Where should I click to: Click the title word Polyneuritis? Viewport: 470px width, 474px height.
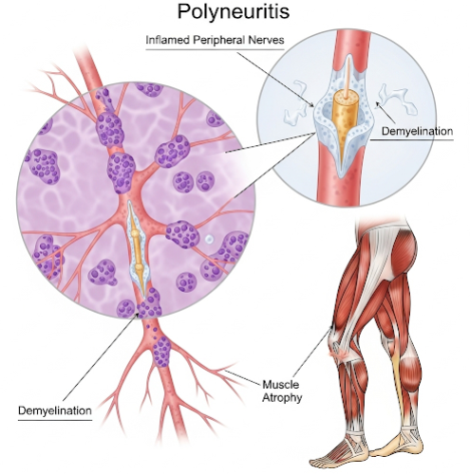pyautogui.click(x=234, y=12)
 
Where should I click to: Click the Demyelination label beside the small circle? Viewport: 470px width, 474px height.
pyautogui.click(x=417, y=132)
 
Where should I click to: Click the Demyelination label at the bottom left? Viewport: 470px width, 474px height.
pyautogui.click(x=55, y=410)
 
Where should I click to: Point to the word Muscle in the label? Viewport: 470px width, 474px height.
pyautogui.click(x=281, y=385)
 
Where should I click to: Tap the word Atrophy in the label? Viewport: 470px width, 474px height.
pyautogui.click(x=282, y=397)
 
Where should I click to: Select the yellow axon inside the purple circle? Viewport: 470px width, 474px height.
pyautogui.click(x=137, y=249)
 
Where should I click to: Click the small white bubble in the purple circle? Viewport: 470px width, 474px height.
pyautogui.click(x=209, y=239)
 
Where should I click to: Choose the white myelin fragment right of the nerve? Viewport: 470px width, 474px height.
pyautogui.click(x=396, y=99)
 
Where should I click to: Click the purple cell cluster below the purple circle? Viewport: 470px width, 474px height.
pyautogui.click(x=161, y=352)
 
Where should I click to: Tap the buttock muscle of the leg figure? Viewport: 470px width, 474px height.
pyautogui.click(x=404, y=249)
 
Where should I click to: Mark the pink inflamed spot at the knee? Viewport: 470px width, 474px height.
pyautogui.click(x=337, y=354)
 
